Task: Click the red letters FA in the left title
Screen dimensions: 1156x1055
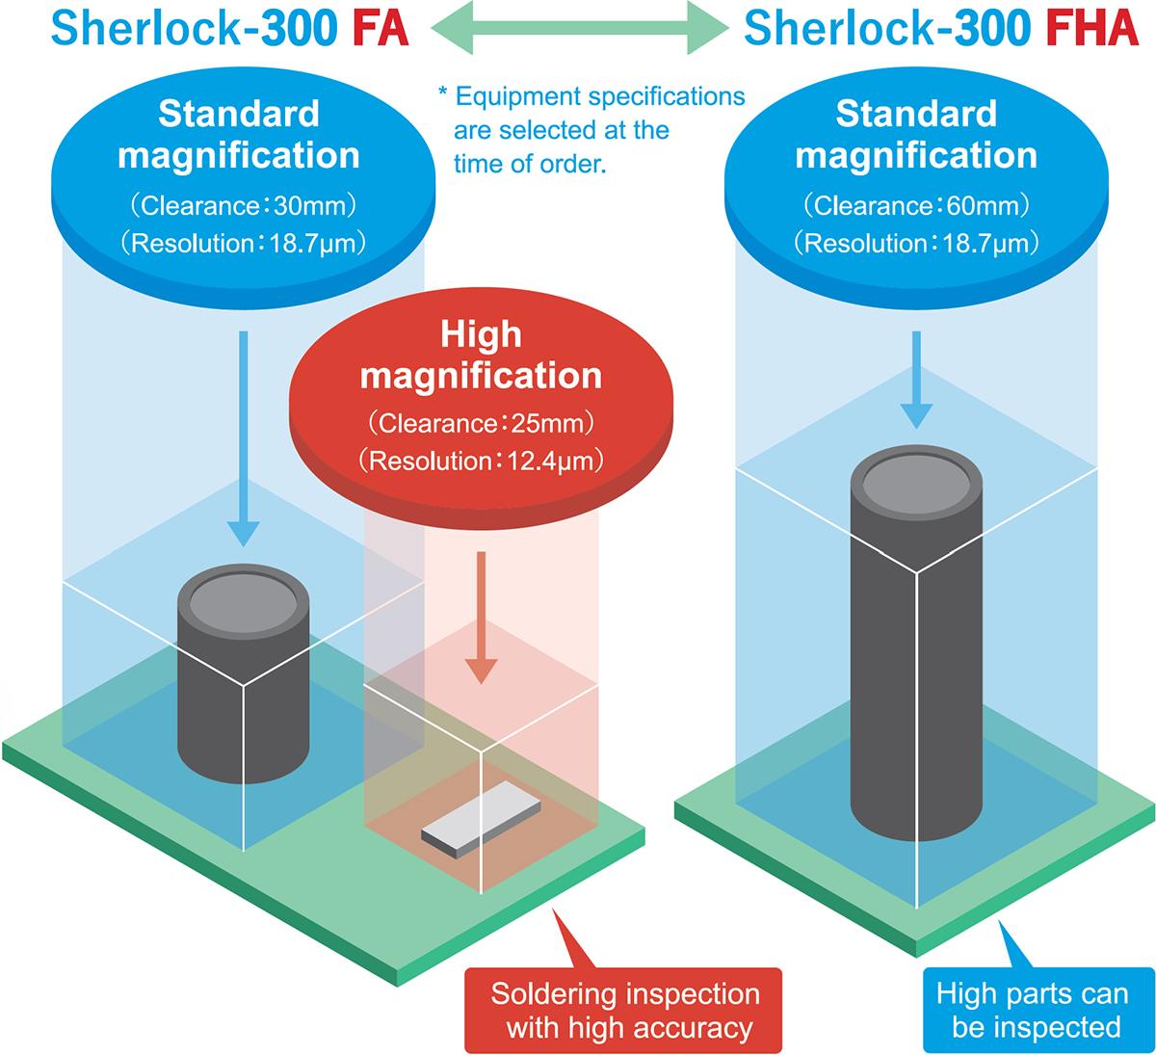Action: click(381, 28)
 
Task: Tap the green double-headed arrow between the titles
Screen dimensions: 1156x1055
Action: click(580, 27)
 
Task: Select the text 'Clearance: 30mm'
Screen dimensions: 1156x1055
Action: click(243, 206)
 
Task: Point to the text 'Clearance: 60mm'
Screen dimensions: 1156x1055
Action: click(916, 206)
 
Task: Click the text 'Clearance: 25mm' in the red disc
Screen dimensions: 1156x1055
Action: click(482, 424)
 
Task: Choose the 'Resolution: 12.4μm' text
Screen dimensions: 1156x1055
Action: click(482, 462)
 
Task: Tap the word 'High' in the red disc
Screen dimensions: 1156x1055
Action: click(482, 333)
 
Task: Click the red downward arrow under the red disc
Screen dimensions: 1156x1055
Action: click(482, 618)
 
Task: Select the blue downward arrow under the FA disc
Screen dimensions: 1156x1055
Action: click(243, 438)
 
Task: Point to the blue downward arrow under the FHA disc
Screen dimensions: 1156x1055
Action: click(916, 380)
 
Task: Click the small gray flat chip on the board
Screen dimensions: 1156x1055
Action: click(482, 820)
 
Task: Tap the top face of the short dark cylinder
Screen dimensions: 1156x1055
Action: click(243, 602)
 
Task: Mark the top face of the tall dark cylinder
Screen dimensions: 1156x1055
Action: click(916, 483)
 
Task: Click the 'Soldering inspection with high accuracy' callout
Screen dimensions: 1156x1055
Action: click(623, 1010)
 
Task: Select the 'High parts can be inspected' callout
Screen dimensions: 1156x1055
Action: click(1039, 1010)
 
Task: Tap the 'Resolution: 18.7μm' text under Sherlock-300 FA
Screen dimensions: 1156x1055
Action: click(243, 244)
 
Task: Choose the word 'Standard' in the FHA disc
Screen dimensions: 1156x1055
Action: click(916, 113)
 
